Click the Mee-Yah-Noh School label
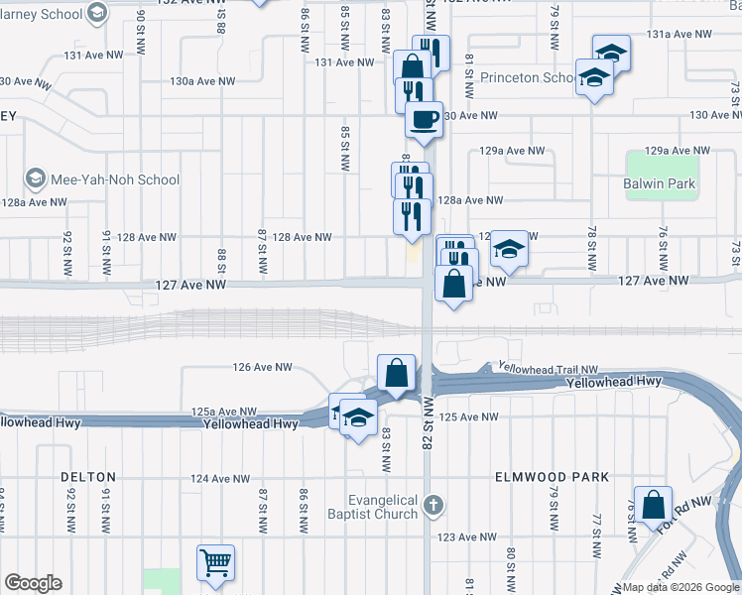click(116, 179)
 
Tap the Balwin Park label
click(660, 183)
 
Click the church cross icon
click(432, 506)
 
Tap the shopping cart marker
click(215, 563)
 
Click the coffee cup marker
click(424, 121)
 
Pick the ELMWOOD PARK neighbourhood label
click(553, 477)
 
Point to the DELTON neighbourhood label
click(89, 477)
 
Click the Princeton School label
click(526, 77)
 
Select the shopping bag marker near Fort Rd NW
click(654, 506)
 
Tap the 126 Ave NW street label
click(262, 367)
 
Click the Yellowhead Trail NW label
click(549, 368)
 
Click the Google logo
click(33, 584)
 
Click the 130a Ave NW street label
click(202, 81)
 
